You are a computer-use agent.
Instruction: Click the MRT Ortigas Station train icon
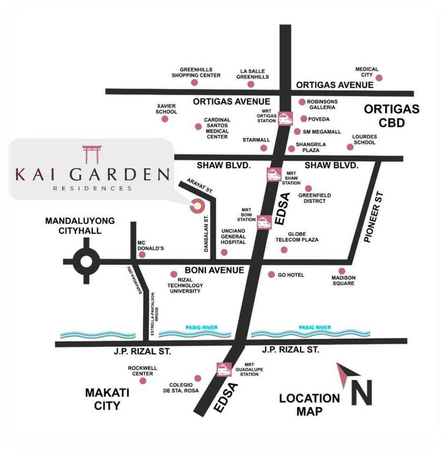pos(285,119)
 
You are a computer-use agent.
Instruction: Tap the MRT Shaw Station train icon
pos(273,174)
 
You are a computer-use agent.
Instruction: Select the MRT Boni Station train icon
pos(264,222)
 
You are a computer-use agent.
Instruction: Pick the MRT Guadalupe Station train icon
pos(224,369)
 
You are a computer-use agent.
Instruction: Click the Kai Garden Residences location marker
pos(197,205)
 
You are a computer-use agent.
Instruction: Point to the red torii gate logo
pos(91,154)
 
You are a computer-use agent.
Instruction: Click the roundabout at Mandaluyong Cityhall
pos(86,261)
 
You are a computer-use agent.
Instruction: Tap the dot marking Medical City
pos(379,78)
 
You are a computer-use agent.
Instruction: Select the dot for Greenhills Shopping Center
pos(195,82)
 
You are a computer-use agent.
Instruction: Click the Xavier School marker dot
pos(165,119)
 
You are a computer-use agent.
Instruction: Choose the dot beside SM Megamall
pos(297,131)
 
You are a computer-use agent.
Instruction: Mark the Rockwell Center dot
pos(143,380)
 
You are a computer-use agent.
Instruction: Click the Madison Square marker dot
pos(342,271)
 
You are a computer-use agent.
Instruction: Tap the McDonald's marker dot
pos(142,255)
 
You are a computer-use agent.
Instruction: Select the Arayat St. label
pos(200,186)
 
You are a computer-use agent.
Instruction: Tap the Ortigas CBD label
pos(391,116)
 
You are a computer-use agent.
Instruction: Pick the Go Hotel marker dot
pos(272,275)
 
